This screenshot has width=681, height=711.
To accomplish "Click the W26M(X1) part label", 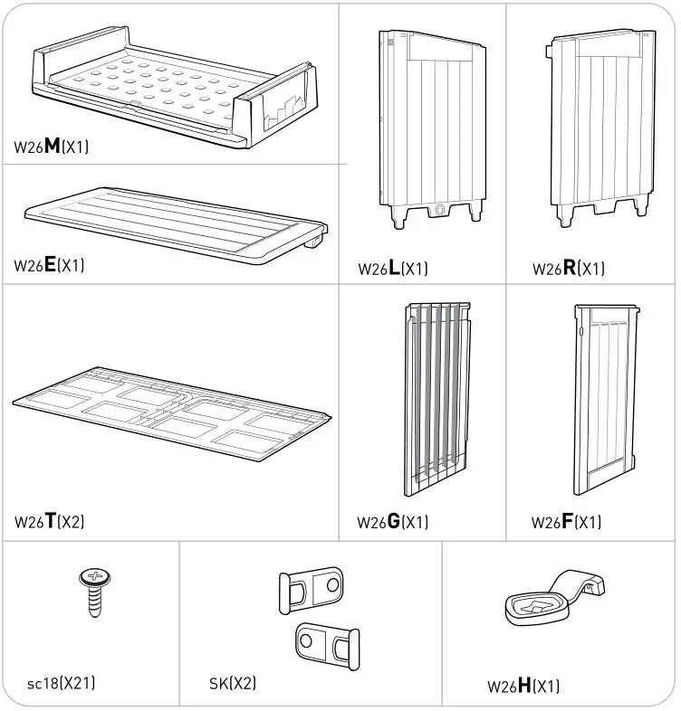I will tap(52, 147).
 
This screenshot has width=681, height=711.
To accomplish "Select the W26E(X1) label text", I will tap(50, 266).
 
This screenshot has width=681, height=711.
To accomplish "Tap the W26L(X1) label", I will tap(393, 269).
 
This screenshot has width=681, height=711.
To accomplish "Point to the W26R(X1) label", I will tap(568, 269).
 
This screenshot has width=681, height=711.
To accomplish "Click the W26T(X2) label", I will tap(50, 522).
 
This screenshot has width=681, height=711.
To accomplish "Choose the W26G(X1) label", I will tap(392, 522).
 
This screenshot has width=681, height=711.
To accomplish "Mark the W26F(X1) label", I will tap(566, 522).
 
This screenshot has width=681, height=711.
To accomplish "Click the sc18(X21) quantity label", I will tap(61, 683).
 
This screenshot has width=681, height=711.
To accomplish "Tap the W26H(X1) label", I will tap(523, 686).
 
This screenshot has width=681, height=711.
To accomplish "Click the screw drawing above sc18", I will tap(93, 592).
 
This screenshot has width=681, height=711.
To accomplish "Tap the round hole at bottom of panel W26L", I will tap(440, 210).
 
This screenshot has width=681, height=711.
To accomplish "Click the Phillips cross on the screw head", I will tap(93, 576).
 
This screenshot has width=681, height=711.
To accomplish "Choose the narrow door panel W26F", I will tap(606, 398).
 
